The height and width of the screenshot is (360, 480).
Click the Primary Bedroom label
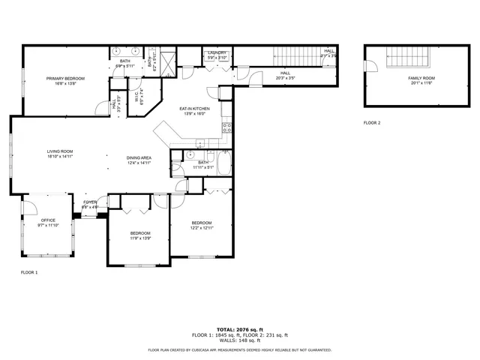64,81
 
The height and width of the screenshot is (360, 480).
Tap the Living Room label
59,154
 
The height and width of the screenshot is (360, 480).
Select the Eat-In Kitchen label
194,111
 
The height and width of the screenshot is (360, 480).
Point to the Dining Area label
139,160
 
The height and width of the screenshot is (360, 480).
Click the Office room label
48,222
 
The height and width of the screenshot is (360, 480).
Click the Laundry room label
217,55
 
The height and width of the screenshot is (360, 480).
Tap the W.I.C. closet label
137,97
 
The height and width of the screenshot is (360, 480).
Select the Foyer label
90,204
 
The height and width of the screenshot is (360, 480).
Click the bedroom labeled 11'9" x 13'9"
140,235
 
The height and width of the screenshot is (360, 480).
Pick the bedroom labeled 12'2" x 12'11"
201,225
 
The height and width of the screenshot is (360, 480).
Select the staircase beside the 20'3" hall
292,56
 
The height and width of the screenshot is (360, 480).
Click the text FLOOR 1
28,272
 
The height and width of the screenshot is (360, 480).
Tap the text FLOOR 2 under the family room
372,122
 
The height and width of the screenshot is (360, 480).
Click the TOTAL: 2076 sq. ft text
239,329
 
